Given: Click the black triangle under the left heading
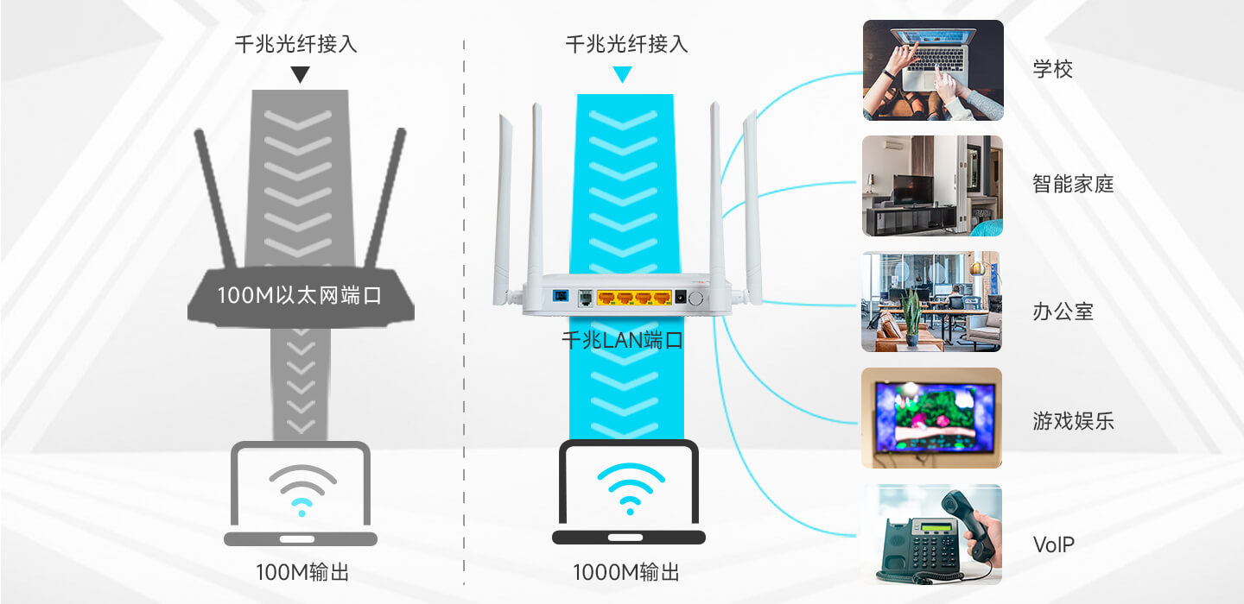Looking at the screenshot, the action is (300, 74).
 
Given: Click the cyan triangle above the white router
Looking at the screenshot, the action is (623, 74).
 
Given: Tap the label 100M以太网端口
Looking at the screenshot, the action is (299, 295).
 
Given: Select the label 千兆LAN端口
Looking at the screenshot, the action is (623, 340).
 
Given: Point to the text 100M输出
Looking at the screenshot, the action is (302, 572).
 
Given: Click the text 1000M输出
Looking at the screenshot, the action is (626, 572).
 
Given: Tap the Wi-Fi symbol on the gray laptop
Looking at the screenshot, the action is (302, 491).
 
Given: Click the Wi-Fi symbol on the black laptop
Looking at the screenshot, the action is (631, 489).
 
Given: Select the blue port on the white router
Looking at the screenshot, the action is (561, 296).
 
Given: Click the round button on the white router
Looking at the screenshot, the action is (695, 299).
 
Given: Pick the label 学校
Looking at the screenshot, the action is (1052, 69).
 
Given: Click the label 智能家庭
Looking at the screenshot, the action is (1073, 184).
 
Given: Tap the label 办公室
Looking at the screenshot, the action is (1063, 311).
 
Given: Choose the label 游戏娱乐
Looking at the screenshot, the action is (1073, 421).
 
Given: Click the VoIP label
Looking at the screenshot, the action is (1054, 544).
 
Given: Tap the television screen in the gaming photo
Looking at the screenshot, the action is (934, 416).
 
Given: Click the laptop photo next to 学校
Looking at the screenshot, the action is (933, 71).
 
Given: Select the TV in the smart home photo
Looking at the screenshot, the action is (913, 190).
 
